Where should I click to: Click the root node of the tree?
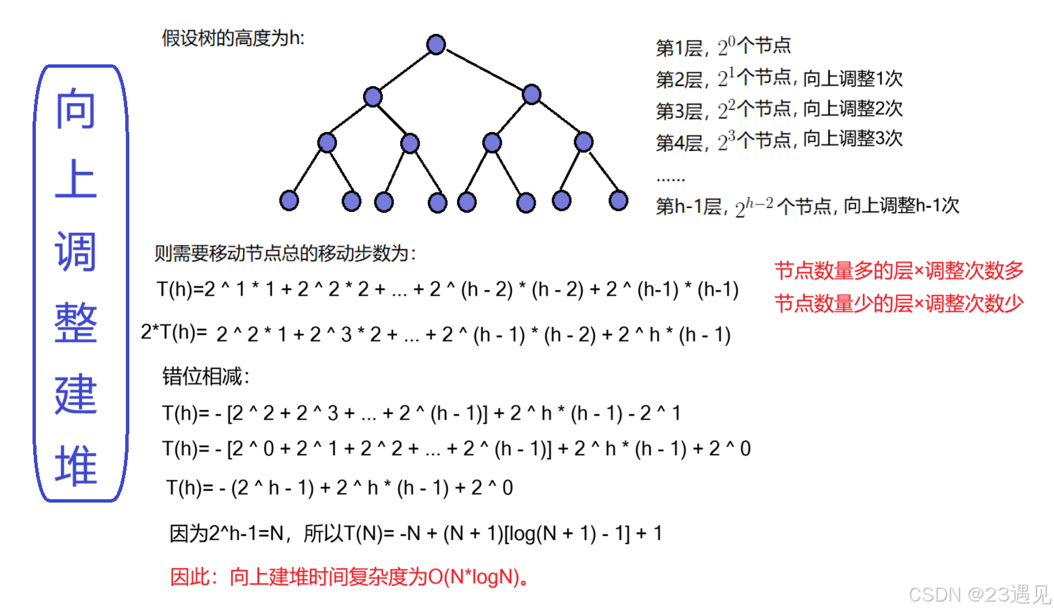pyautogui.click(x=436, y=45)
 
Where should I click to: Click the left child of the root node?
pyautogui.click(x=372, y=96)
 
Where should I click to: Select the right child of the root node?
pyautogui.click(x=531, y=94)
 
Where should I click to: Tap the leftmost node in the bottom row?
pyautogui.click(x=289, y=200)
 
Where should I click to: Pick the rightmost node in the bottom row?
pyautogui.click(x=618, y=200)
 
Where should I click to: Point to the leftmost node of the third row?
pyautogui.click(x=327, y=142)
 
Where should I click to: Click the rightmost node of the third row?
pyautogui.click(x=584, y=142)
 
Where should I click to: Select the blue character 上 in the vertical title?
pyautogui.click(x=76, y=179)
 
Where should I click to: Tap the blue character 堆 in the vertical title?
pyautogui.click(x=76, y=466)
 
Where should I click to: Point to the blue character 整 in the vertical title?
pyautogui.click(x=76, y=323)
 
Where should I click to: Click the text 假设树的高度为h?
pyautogui.click(x=233, y=39)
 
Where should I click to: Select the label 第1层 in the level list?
pyautogui.click(x=679, y=48)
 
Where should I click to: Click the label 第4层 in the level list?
pyautogui.click(x=679, y=143)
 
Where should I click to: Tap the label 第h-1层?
pyautogui.click(x=688, y=207)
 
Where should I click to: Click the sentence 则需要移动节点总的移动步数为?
pyautogui.click(x=285, y=253)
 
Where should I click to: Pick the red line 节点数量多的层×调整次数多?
pyautogui.click(x=898, y=271)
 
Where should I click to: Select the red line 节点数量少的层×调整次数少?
pyautogui.click(x=898, y=303)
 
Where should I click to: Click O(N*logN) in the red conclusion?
pyautogui.click(x=475, y=577)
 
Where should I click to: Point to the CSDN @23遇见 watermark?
pyautogui.click(x=978, y=594)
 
